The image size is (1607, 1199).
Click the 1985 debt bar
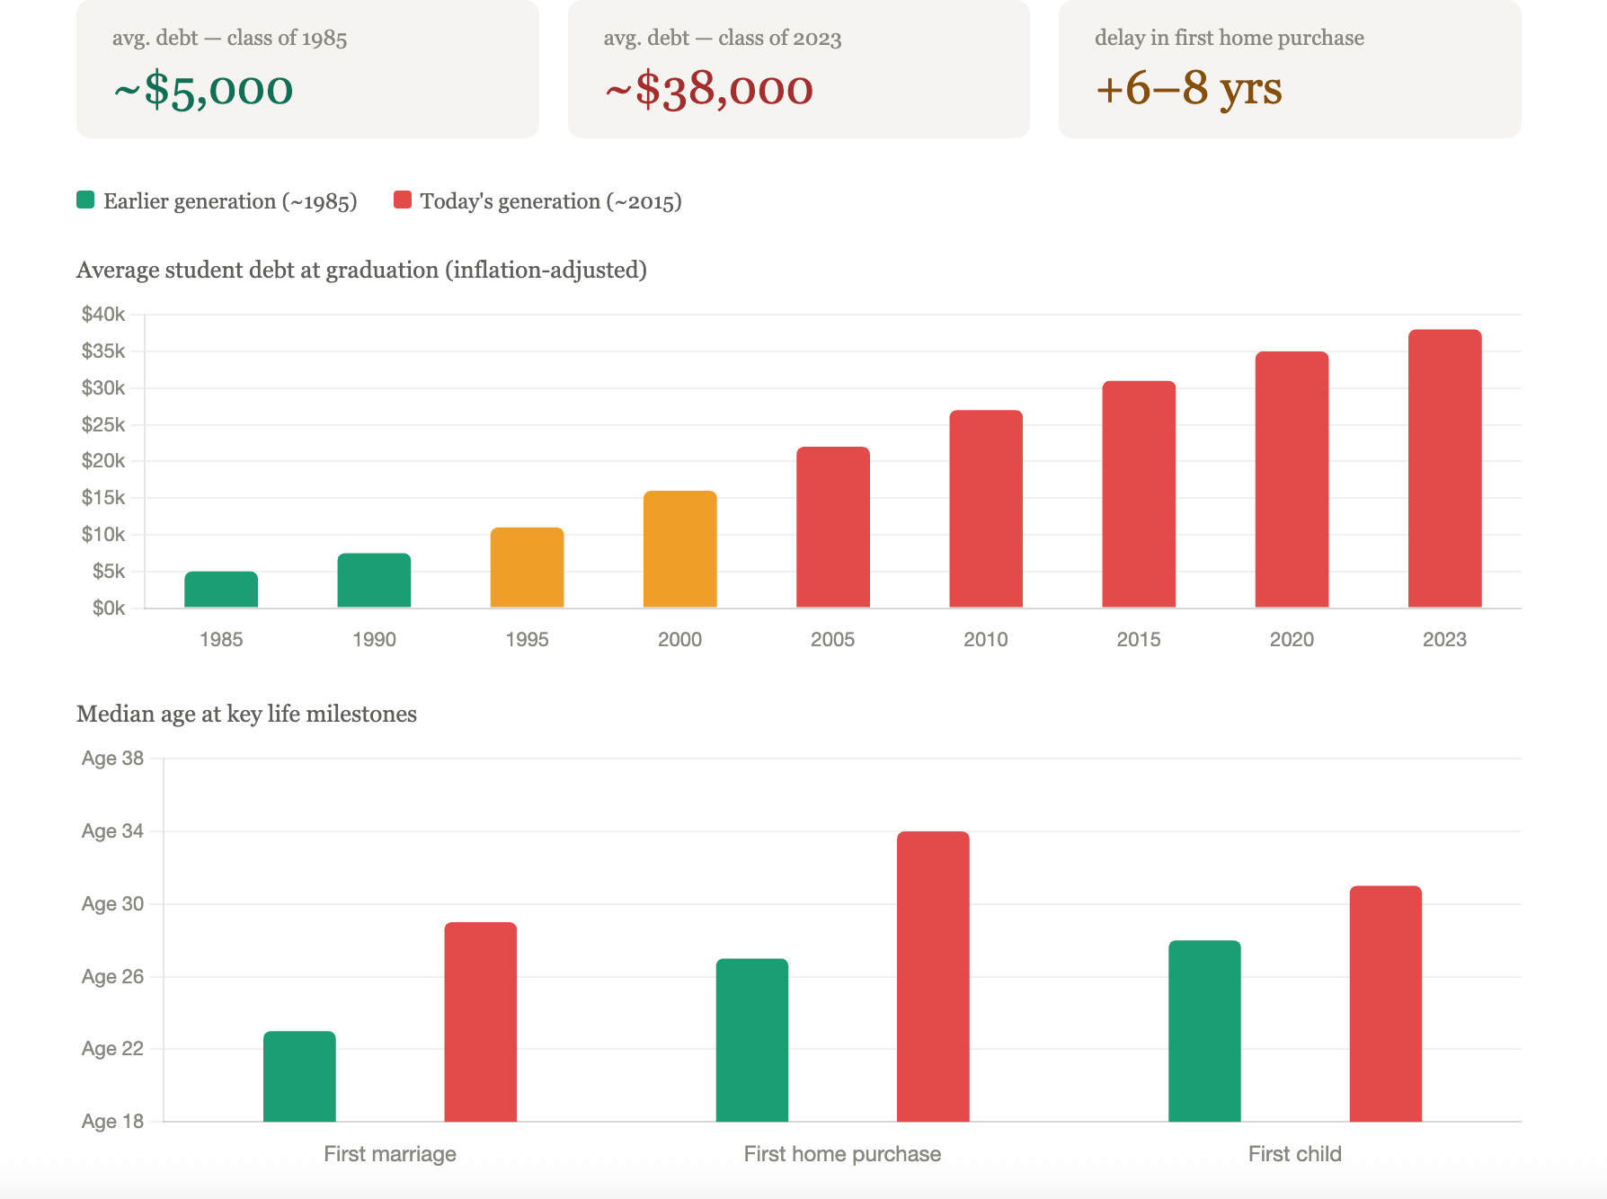click(x=221, y=590)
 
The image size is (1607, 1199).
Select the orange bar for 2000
click(x=679, y=549)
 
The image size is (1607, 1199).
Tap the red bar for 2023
click(x=1444, y=468)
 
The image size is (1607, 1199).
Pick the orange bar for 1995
click(x=527, y=568)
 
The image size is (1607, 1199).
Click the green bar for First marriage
click(x=299, y=1076)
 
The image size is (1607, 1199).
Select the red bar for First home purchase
click(x=933, y=976)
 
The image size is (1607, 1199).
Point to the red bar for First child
click(x=1386, y=1004)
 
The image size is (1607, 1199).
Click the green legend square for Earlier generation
click(x=85, y=200)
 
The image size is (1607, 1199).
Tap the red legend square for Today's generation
click(x=403, y=200)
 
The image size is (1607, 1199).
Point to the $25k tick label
click(x=103, y=424)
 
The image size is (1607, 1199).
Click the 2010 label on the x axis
click(x=986, y=639)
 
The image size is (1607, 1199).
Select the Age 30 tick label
click(x=112, y=903)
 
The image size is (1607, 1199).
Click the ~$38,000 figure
click(x=709, y=89)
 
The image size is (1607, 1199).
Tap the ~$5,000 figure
click(x=203, y=89)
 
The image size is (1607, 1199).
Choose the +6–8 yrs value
click(x=1188, y=88)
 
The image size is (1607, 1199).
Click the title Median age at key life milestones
click(x=246, y=714)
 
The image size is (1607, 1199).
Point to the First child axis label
click(x=1294, y=1154)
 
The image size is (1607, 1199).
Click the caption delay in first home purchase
click(x=1229, y=38)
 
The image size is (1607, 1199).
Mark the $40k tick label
click(x=103, y=314)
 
